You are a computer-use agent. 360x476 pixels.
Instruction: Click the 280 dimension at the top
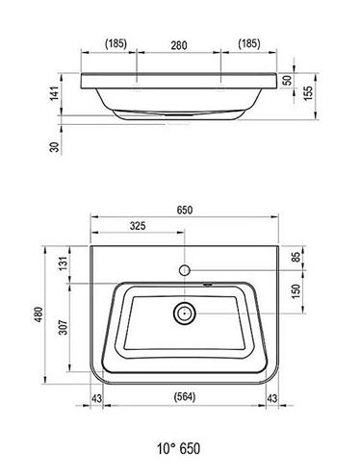click(x=179, y=45)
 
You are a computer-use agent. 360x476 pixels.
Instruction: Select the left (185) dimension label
click(x=116, y=43)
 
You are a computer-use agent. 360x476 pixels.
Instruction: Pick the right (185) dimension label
click(x=249, y=43)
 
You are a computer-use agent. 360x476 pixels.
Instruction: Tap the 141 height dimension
click(x=55, y=93)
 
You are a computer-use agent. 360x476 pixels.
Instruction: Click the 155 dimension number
click(x=308, y=93)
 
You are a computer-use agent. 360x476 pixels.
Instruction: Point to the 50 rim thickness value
click(x=289, y=80)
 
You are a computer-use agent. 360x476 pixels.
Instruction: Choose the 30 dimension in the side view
click(x=55, y=147)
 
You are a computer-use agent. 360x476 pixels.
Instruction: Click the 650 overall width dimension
click(x=185, y=210)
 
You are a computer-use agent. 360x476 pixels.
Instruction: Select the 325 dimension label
click(x=138, y=226)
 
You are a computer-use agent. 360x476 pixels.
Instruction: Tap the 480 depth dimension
click(x=39, y=314)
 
